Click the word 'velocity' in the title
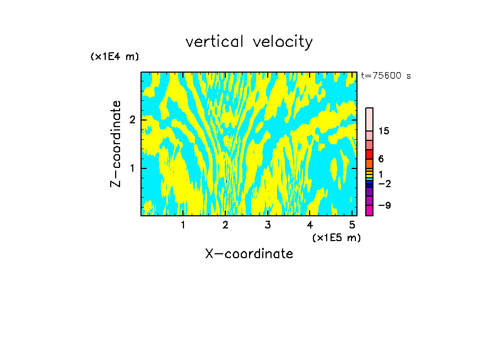[x=283, y=42]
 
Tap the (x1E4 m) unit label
[x=115, y=57]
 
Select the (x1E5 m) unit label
[x=336, y=237]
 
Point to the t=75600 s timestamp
[x=386, y=76]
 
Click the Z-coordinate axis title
[x=116, y=144]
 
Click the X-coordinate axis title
[x=249, y=254]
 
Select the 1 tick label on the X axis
[x=183, y=225]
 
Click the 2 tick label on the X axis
[x=225, y=225]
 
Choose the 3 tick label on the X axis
[x=268, y=225]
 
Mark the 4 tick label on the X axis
[x=310, y=225]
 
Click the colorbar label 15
[x=384, y=131]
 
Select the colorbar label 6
[x=381, y=159]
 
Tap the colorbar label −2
[x=384, y=183]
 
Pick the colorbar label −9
[x=384, y=205]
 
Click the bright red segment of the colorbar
[x=369, y=154]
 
